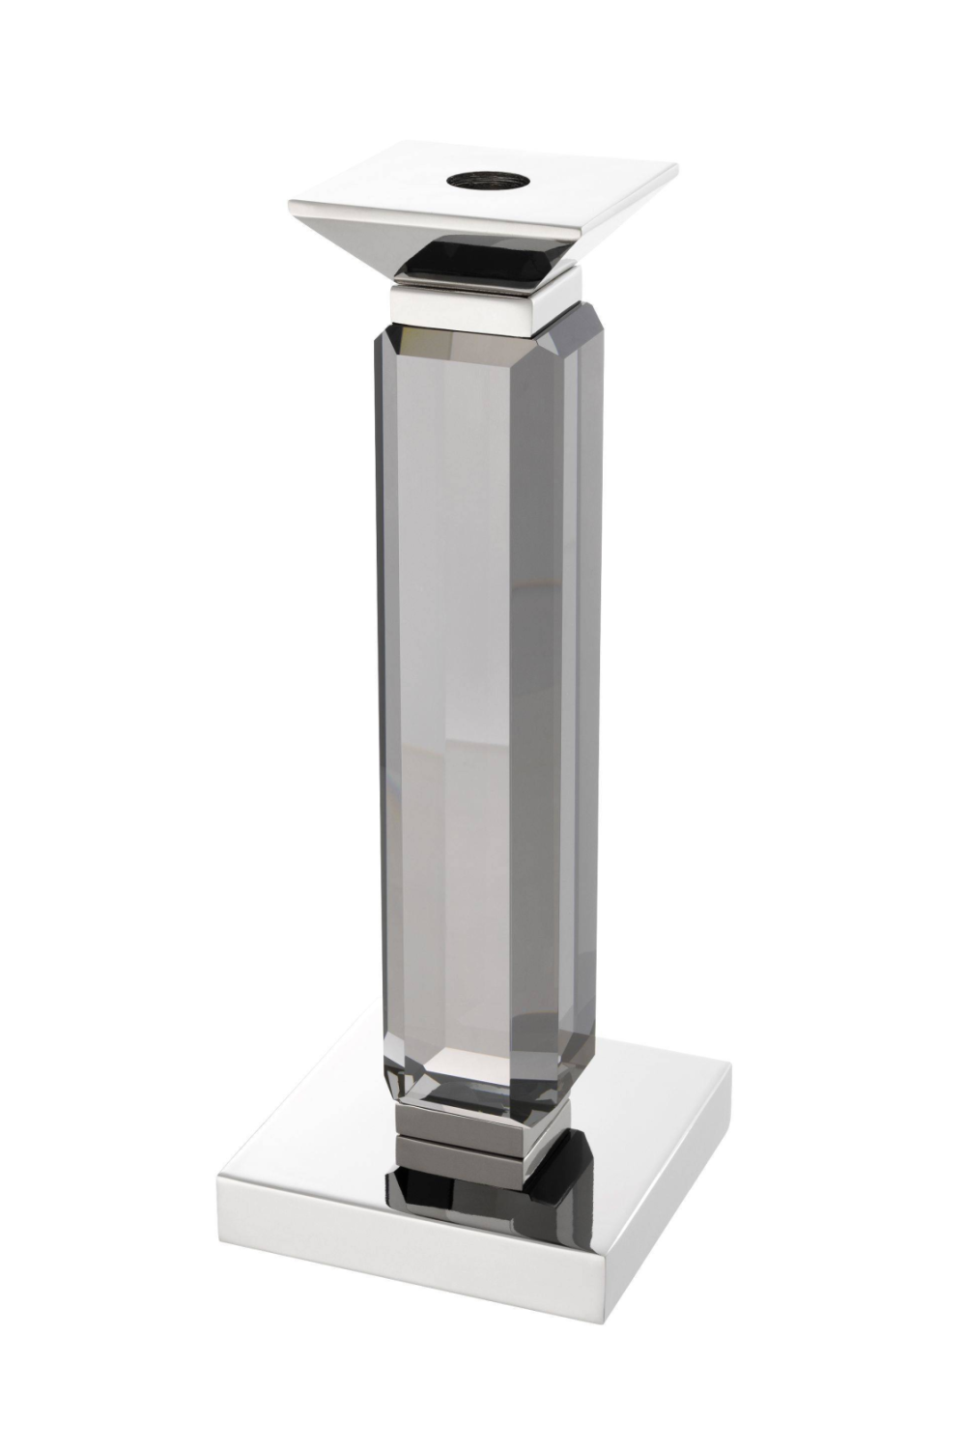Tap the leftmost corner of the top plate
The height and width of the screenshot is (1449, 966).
pyautogui.click(x=290, y=204)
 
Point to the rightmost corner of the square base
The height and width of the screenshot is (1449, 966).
pyautogui.click(x=730, y=1067)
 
